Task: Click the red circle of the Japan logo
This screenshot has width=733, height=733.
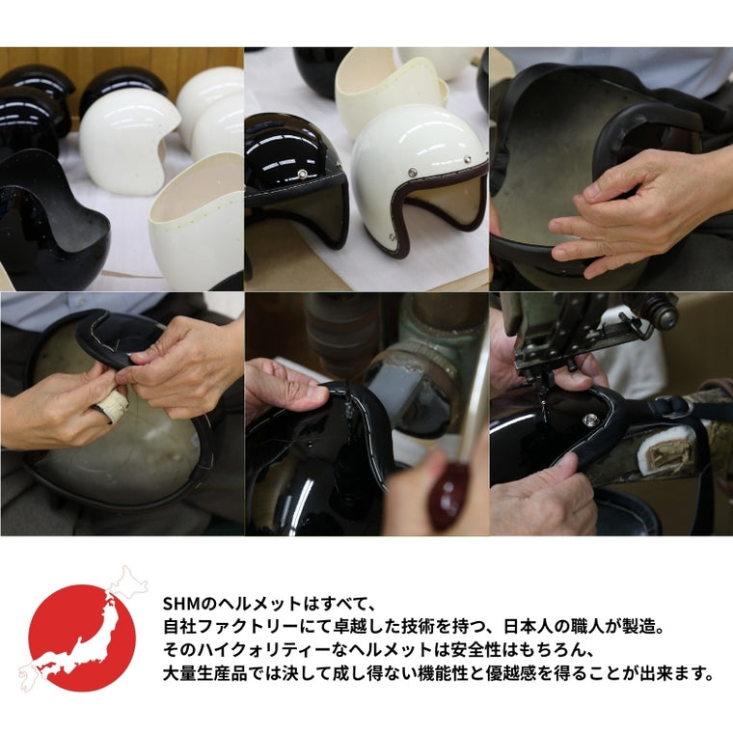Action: coord(82,638)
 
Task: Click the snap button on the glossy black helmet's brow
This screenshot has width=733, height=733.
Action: coord(304,175)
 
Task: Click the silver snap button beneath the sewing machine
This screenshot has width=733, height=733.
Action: coord(591,419)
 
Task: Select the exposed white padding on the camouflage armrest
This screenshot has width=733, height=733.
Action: coord(664,452)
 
